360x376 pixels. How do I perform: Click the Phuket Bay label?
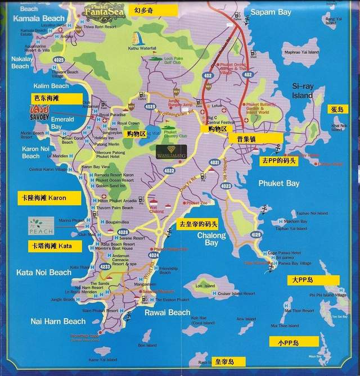click(278, 183)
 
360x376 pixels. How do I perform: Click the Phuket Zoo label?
click(197, 203)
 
